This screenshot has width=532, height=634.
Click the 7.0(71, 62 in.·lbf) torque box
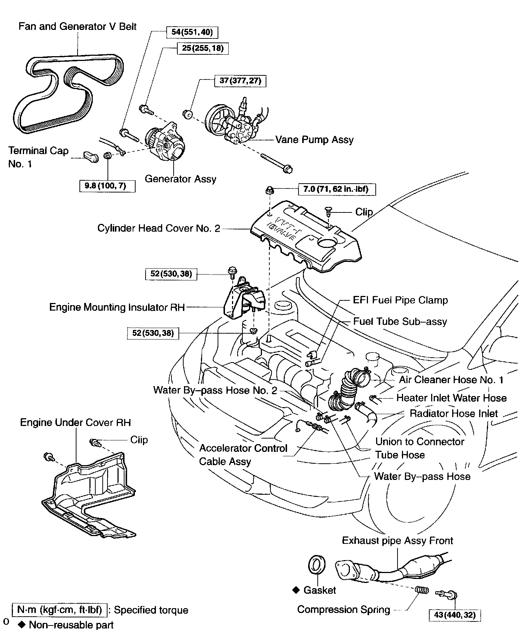click(338, 190)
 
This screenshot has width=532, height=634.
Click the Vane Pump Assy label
click(314, 140)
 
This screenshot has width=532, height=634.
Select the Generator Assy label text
click(180, 179)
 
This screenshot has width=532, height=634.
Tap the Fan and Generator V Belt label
click(78, 27)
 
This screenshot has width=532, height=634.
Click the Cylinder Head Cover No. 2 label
click(159, 228)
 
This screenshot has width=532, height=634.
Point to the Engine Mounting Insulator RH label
click(117, 307)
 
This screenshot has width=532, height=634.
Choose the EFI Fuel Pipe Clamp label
click(400, 300)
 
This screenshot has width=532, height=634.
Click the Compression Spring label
click(344, 610)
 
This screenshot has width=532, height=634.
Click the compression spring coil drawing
click(422, 590)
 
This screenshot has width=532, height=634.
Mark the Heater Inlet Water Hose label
click(451, 398)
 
